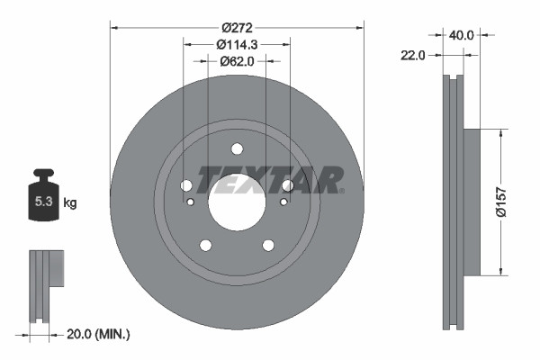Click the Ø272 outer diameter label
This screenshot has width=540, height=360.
click(x=237, y=27)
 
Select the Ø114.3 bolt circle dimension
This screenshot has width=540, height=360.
click(x=238, y=44)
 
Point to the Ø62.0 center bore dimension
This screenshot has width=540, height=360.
click(x=238, y=61)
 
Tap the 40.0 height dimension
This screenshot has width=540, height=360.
click(x=462, y=35)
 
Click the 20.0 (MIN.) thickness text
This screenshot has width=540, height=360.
click(x=99, y=334)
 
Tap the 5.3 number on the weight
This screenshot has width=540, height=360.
click(x=43, y=202)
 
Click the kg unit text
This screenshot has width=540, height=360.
click(x=69, y=202)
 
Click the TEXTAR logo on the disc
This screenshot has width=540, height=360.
click(x=270, y=179)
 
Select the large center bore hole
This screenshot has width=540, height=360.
click(x=237, y=200)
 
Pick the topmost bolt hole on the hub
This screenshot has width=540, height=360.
click(x=237, y=149)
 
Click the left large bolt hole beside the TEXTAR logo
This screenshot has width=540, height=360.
click(x=186, y=185)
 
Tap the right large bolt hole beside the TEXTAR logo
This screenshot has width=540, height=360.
click(x=287, y=185)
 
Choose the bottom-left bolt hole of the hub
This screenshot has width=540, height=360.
click(x=205, y=245)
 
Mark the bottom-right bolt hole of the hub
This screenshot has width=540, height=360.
click(x=268, y=245)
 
